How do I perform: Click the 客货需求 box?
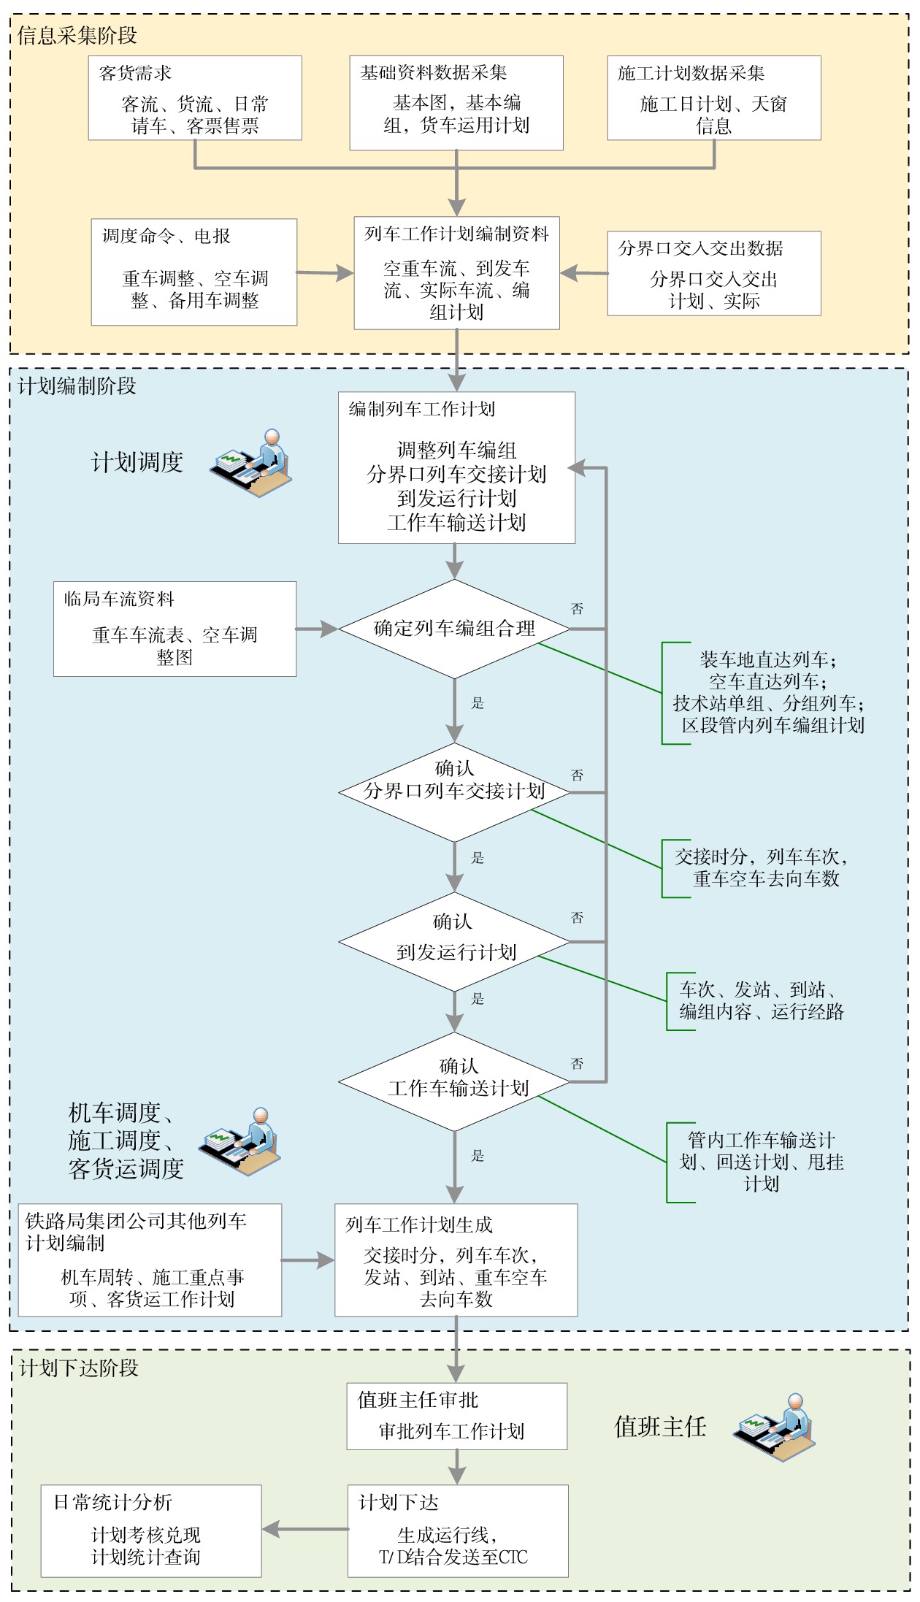click(195, 98)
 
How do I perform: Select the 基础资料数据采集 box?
click(456, 103)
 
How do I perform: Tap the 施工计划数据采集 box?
click(714, 98)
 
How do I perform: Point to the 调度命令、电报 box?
click(194, 272)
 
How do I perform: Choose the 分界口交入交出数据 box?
click(714, 273)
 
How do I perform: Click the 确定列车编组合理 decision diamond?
click(454, 629)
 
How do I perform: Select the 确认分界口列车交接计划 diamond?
click(454, 792)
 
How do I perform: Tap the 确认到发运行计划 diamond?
click(454, 942)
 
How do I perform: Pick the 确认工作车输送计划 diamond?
click(454, 1081)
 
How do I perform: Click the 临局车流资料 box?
click(175, 629)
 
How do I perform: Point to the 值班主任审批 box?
click(457, 1416)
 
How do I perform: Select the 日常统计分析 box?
click(151, 1530)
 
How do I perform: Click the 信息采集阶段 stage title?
click(77, 35)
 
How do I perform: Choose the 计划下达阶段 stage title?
click(79, 1368)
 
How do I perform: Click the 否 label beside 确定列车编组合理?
click(577, 609)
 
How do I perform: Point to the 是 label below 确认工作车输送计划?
click(478, 1155)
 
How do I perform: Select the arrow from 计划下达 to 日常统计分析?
click(305, 1529)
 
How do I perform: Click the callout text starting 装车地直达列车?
click(768, 692)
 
